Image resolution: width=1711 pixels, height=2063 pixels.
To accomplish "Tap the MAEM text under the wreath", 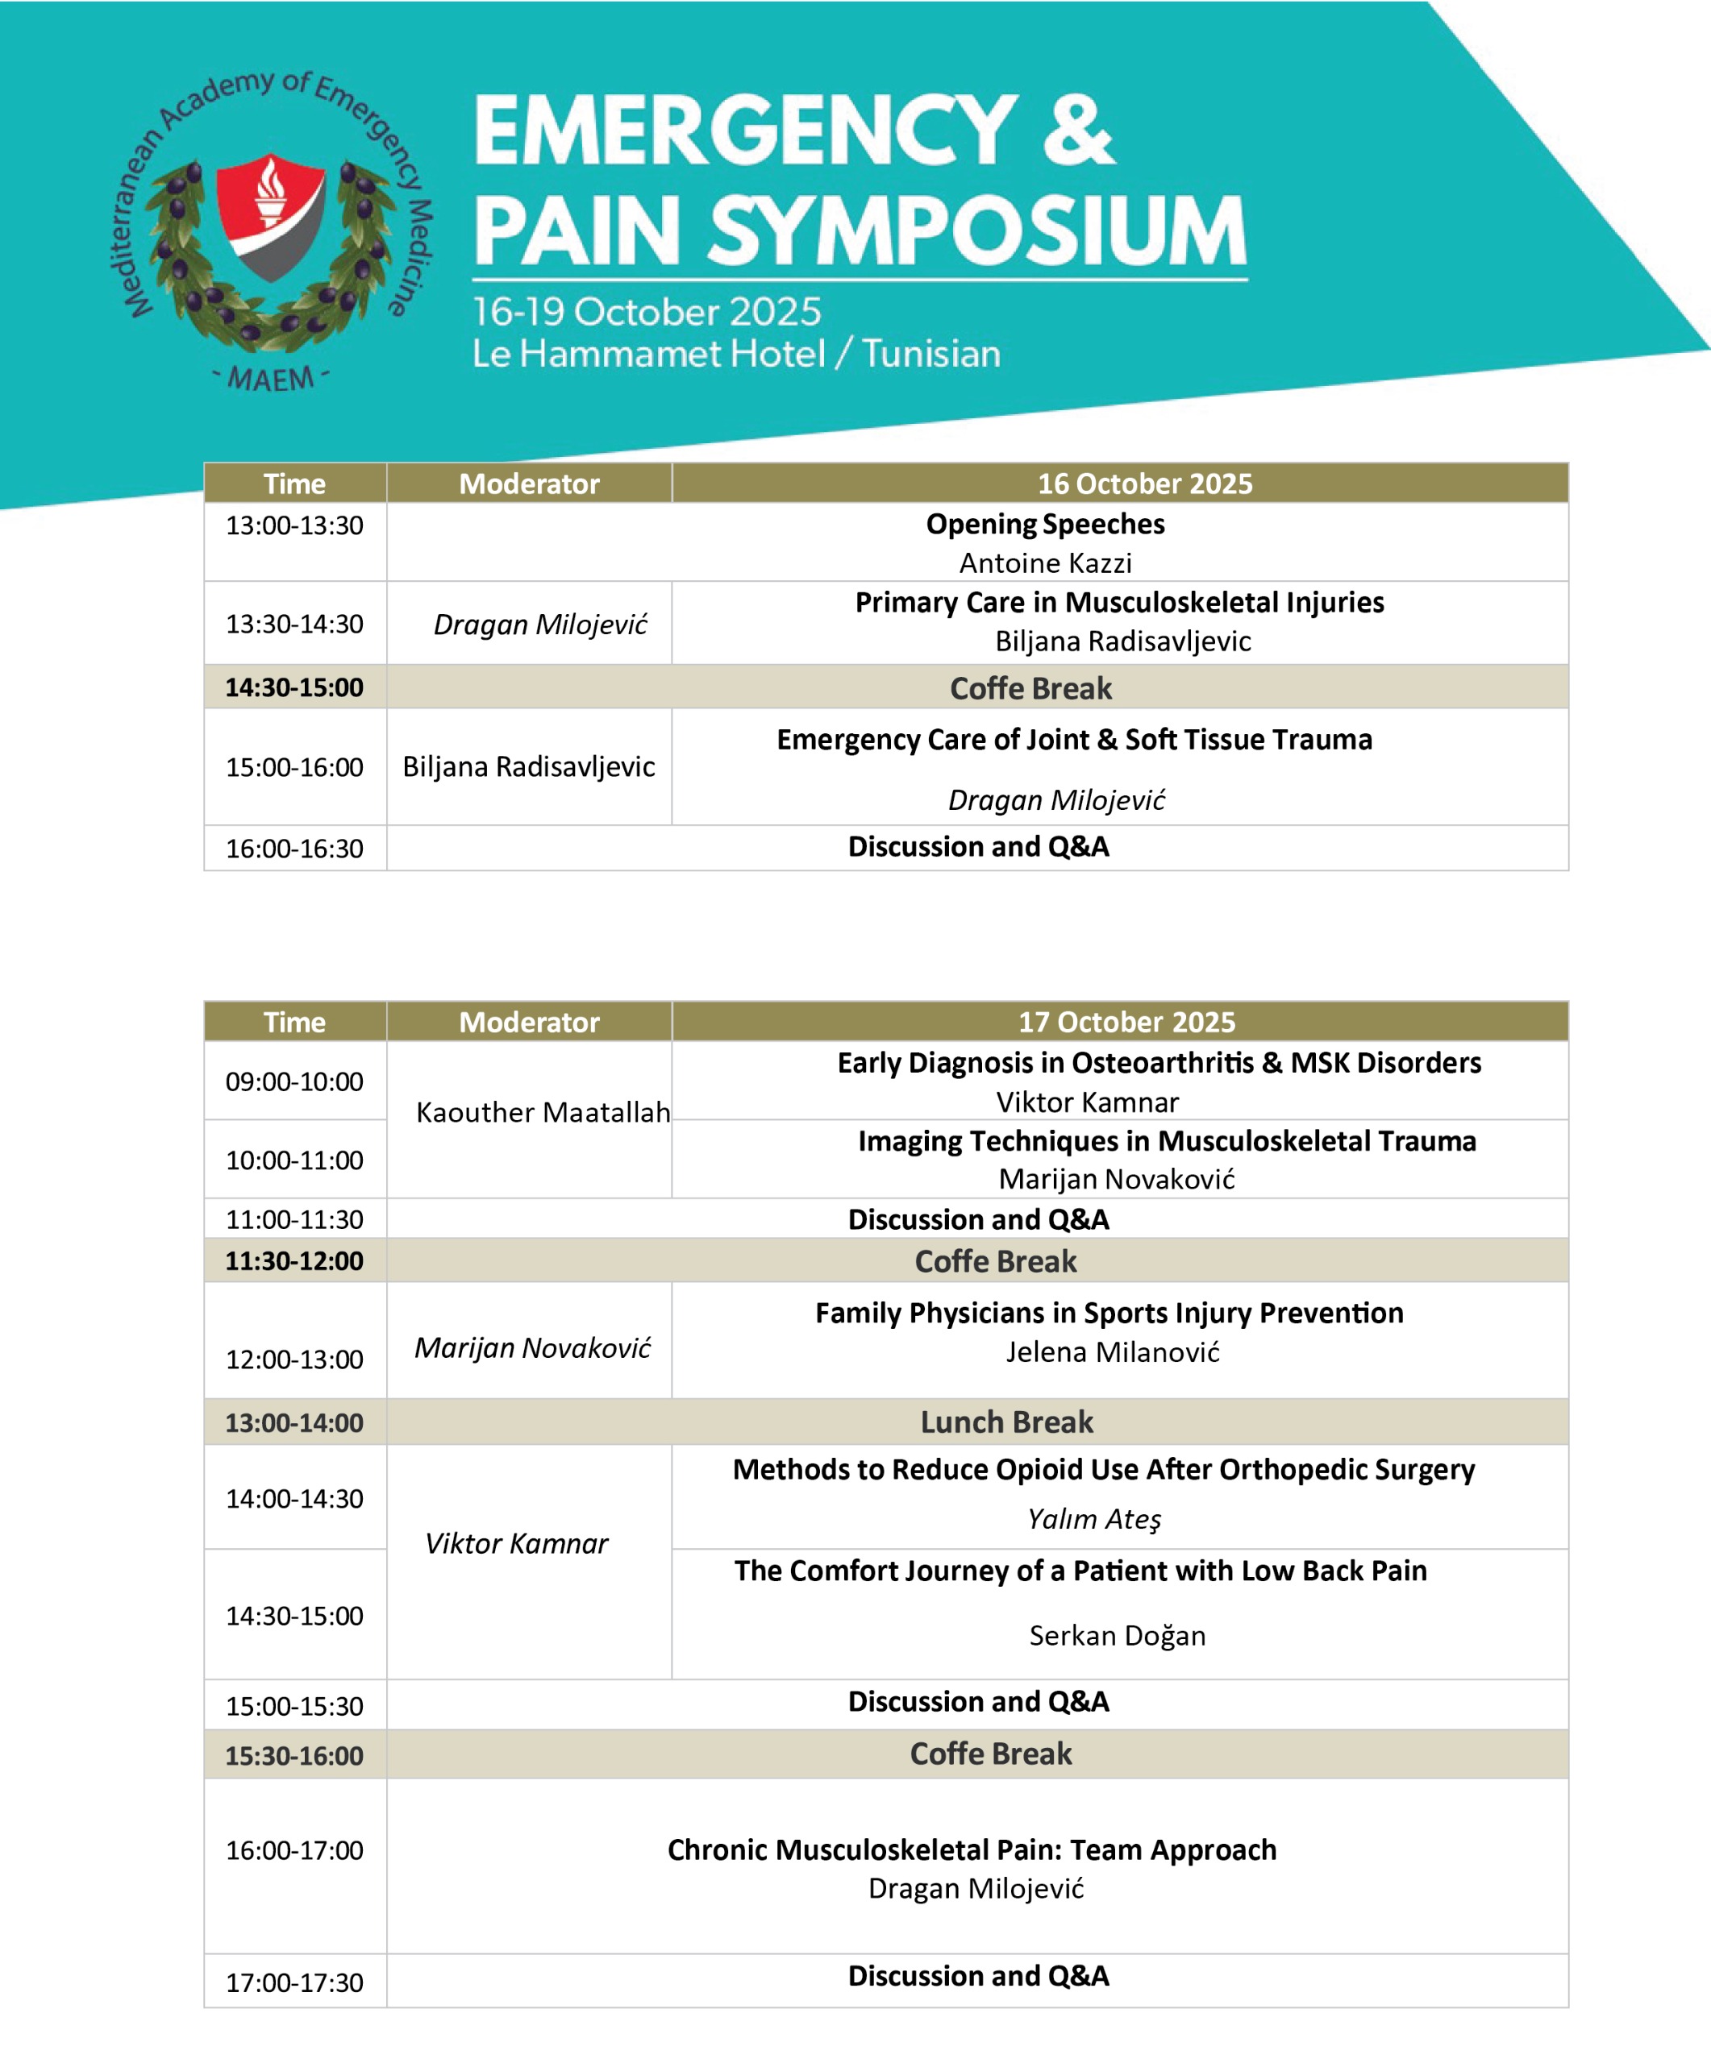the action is pos(271,378).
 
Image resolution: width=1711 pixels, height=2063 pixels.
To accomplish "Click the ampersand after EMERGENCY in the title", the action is pos(1078,131).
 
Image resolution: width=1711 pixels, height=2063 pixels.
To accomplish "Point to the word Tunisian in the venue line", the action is pos(931,354).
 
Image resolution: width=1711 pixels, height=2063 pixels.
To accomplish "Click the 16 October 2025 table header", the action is pos(1145,484).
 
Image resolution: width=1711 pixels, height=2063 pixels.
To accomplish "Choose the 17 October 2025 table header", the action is pos(1126,1022).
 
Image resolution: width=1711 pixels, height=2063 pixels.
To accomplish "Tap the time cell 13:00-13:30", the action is pos(295,525).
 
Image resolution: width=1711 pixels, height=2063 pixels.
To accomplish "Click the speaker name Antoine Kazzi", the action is pos(1046,563).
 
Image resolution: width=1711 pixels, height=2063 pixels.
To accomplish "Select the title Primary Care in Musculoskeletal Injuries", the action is pos(1119,602).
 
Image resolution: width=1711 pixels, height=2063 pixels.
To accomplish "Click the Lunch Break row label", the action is pos(1006,1422).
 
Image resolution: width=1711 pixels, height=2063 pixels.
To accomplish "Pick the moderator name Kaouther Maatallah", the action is pos(543,1112).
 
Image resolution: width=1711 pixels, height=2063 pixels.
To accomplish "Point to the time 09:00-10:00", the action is pos(295,1081).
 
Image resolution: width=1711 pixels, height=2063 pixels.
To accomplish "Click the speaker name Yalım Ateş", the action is pos(1094,1519).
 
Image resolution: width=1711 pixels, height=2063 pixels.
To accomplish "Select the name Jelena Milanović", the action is pos(1113,1351).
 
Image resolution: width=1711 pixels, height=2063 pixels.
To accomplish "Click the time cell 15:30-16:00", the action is pos(295,1755).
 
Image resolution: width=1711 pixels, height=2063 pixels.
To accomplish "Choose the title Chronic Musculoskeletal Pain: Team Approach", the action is pos(972,1849).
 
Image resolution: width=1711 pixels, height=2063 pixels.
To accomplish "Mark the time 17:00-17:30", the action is pos(295,1982).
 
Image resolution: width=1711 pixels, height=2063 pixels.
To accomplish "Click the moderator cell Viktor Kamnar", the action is pos(516,1543).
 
